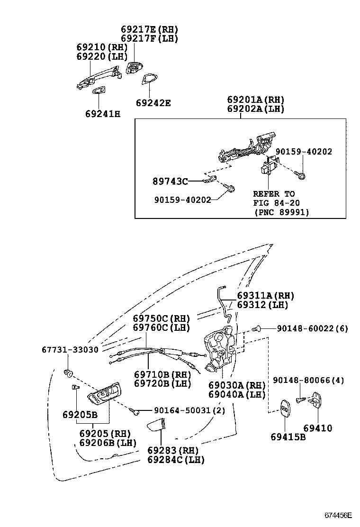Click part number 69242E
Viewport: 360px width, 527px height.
153,102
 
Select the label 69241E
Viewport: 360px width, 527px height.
103,114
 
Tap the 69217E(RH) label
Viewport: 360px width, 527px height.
149,29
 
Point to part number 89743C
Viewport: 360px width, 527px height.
170,181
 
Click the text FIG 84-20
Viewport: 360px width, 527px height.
276,203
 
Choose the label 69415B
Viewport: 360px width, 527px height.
288,437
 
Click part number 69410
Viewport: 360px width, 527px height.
318,428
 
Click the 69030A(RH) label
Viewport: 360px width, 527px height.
237,385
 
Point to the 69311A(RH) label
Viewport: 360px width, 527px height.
266,296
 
